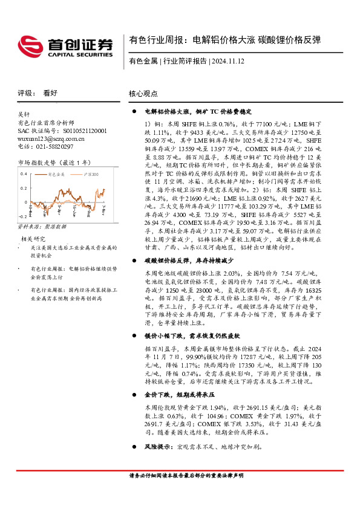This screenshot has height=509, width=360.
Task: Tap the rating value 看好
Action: click(x=50, y=93)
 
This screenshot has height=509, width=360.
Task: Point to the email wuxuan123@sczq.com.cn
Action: click(x=51, y=138)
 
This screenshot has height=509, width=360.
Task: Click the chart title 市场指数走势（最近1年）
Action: click(x=54, y=162)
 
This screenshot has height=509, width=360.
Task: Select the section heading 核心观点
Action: click(x=143, y=94)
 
